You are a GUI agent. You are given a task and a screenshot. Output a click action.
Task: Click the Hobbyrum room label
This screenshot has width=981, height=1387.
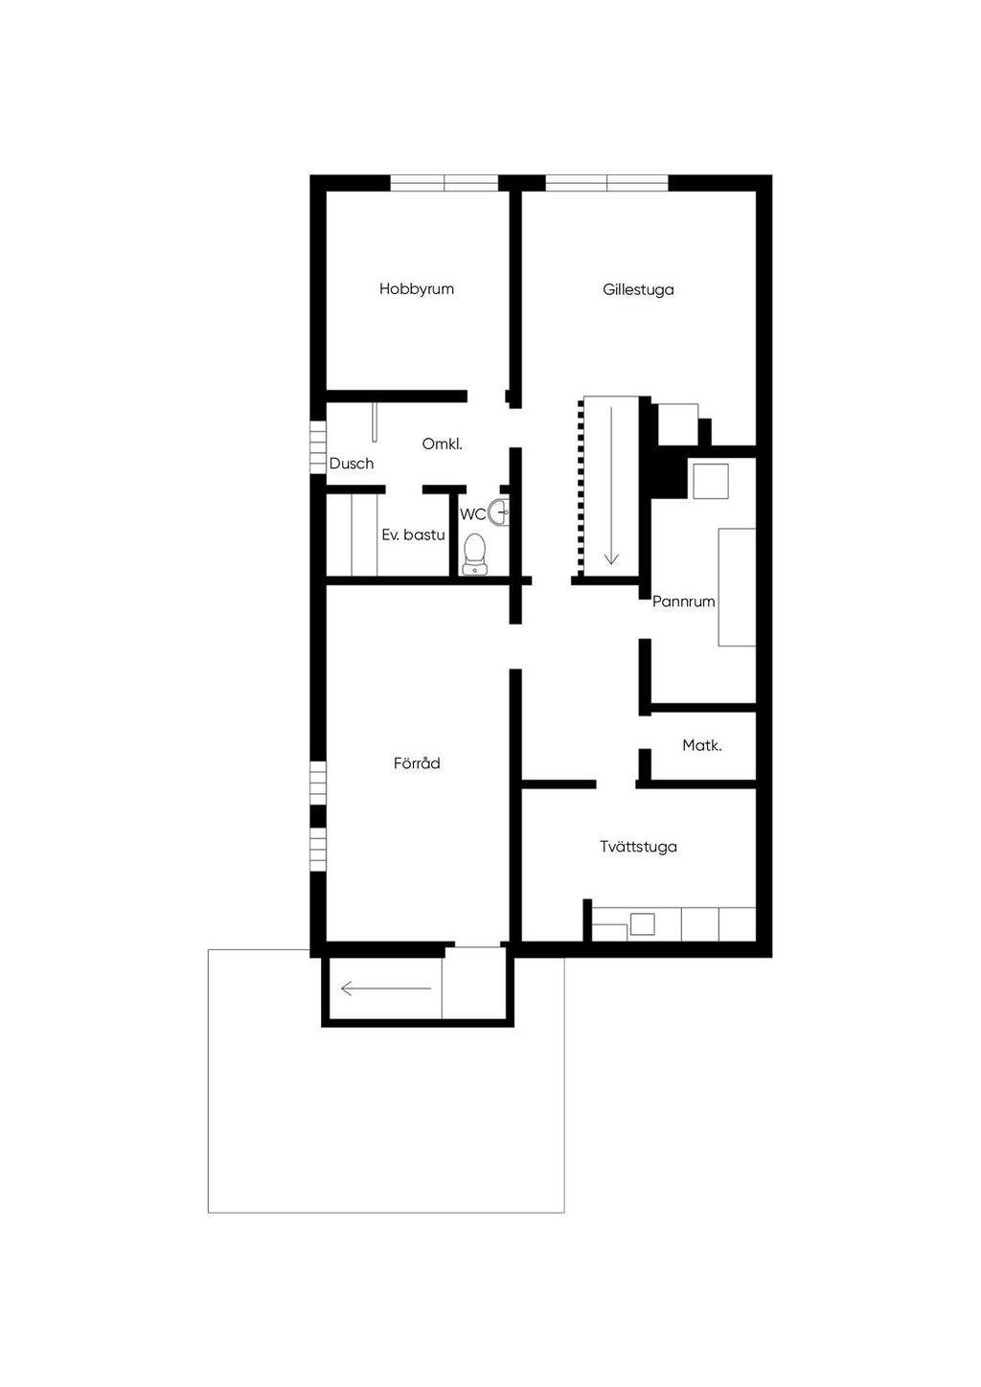(416, 289)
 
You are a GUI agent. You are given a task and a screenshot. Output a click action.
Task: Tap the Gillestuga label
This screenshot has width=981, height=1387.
(638, 290)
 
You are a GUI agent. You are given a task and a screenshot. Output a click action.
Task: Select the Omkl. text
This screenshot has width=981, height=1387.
(443, 443)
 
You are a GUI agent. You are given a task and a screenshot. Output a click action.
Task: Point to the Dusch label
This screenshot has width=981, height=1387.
(352, 464)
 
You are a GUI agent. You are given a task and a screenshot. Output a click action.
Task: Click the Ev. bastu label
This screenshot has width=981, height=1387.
(413, 534)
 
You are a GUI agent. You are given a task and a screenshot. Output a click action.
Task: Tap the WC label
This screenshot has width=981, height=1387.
(472, 514)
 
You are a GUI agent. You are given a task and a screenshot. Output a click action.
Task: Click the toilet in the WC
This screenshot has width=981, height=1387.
(474, 555)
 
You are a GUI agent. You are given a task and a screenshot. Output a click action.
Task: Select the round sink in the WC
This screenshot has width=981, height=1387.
(500, 512)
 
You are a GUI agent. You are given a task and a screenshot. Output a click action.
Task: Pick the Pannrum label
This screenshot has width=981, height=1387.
(684, 602)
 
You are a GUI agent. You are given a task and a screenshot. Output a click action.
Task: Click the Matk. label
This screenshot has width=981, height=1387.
(702, 745)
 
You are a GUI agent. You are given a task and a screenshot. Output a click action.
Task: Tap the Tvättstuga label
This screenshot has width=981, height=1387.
(638, 847)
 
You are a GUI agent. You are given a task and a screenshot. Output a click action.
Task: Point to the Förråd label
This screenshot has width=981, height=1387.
(417, 763)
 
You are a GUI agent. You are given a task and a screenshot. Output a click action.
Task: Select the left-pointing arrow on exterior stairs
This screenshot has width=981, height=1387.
(386, 989)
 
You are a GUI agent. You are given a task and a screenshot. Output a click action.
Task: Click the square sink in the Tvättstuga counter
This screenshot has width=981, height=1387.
(642, 924)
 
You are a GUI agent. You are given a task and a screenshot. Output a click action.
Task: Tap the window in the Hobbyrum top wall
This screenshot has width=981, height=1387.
(445, 183)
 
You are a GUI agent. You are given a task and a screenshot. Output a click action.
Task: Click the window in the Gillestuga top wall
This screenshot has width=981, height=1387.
(607, 183)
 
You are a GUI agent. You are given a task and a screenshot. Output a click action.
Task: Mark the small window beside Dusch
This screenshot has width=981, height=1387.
(318, 447)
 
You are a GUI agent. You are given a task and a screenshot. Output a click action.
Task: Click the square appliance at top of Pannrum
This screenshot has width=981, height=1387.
(710, 481)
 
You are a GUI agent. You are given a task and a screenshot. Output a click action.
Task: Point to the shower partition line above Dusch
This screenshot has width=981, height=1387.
(374, 423)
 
